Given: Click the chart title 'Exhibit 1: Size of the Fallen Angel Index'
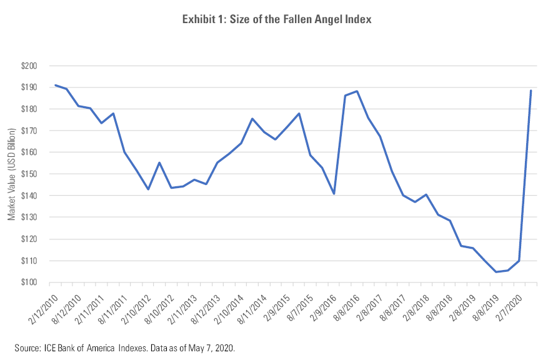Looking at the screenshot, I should [276, 20].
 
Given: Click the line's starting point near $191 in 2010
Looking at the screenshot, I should [55, 85].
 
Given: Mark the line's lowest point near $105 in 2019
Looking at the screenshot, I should [496, 272].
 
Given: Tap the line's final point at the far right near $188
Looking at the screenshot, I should [531, 91].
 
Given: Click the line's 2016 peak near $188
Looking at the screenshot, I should [357, 91].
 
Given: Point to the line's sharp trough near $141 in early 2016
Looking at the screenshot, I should [334, 194].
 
